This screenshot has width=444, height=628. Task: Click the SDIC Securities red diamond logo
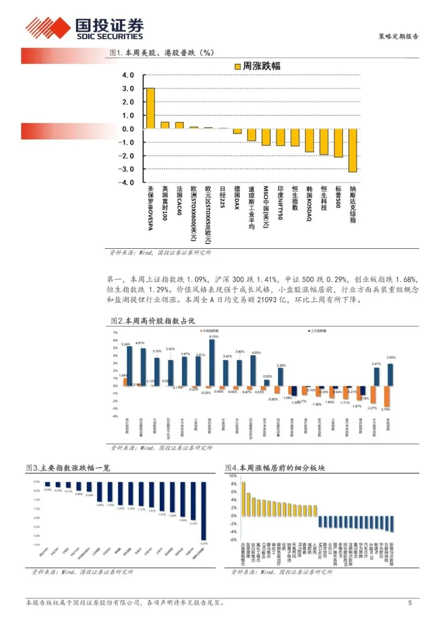tap(47, 28)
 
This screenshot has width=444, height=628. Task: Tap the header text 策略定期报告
tap(398, 36)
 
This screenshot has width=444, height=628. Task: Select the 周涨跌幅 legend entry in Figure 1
tap(258, 66)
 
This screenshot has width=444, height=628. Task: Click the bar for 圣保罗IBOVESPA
tap(150, 108)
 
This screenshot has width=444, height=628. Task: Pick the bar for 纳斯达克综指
tap(352, 150)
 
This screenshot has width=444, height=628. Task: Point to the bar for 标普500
tap(338, 143)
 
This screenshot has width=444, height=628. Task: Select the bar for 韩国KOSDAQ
tap(309, 140)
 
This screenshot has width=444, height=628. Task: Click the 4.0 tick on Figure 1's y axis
tap(128, 75)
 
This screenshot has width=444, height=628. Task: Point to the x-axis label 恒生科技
tap(324, 198)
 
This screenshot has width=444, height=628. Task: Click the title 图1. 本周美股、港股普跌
tap(162, 53)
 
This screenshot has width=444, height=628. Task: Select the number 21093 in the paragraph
tap(267, 300)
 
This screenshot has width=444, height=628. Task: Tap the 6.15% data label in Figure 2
tap(214, 336)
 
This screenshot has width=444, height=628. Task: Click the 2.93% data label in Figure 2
tap(391, 357)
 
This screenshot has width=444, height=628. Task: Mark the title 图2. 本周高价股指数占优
tap(153, 321)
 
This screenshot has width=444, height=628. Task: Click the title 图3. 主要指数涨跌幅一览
tap(68, 468)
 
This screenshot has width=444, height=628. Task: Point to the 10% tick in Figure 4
tap(233, 476)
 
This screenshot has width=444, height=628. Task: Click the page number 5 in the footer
tap(410, 603)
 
